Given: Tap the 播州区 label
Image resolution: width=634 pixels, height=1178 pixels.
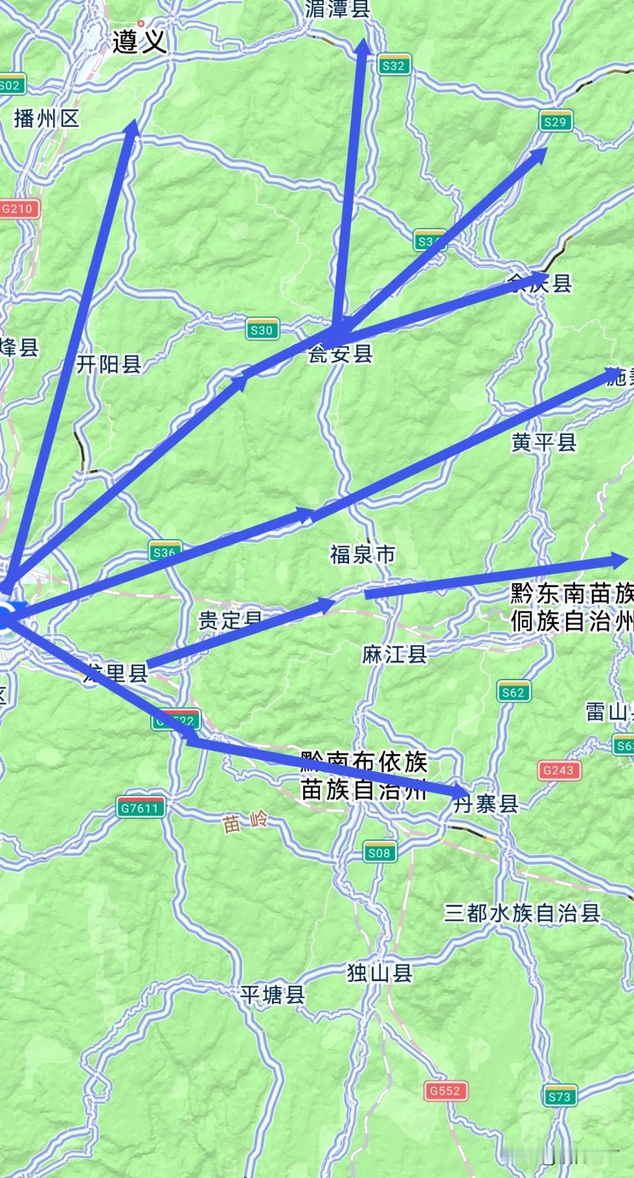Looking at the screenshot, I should [47, 119].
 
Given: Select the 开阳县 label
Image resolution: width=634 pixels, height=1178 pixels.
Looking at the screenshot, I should [109, 365].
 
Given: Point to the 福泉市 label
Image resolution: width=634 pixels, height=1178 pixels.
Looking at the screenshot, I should [362, 554].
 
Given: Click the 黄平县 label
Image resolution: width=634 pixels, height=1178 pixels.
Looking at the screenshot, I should [544, 443].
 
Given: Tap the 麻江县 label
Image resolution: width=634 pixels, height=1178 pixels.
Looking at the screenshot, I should [395, 654].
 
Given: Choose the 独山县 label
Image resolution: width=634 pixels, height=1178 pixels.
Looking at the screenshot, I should [380, 972].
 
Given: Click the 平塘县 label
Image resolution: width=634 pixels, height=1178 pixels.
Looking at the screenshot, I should [273, 995].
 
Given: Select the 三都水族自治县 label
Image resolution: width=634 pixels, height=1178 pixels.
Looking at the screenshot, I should [522, 912].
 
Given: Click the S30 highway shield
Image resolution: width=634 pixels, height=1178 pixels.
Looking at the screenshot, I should [262, 330].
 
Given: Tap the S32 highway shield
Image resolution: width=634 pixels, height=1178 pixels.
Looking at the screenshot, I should [393, 65].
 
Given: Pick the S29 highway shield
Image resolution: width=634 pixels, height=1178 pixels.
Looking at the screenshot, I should [554, 122].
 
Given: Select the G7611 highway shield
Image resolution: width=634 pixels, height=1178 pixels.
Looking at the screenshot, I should [140, 808].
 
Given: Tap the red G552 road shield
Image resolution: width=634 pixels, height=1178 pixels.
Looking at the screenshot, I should [445, 1091].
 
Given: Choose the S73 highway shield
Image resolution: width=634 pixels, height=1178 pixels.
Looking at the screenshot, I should [559, 1097].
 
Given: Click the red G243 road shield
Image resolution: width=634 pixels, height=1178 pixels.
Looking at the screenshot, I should [558, 770].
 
